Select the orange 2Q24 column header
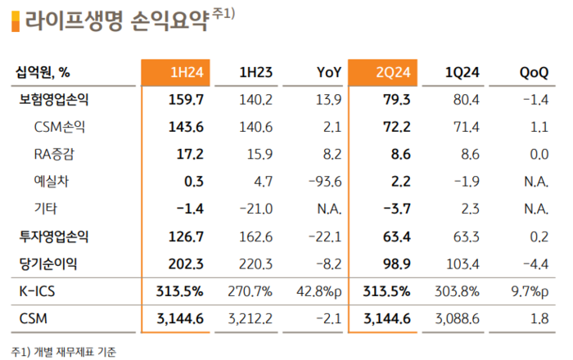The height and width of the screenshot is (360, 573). pos(383,73)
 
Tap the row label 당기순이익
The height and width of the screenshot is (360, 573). pos(53,263)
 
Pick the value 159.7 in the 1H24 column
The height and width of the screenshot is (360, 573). pos(186,100)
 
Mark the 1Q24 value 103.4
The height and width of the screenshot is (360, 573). pos(462,263)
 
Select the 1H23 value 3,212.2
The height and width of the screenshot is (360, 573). pos(254,317)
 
